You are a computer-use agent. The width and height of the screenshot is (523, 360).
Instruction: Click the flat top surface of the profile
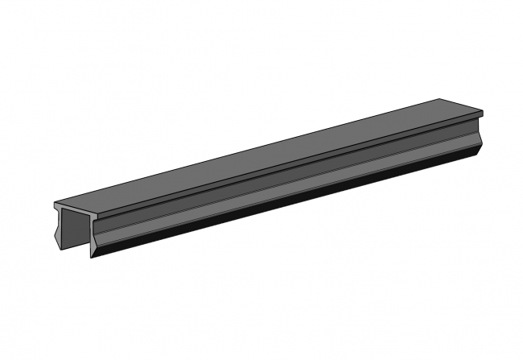(x=266, y=153)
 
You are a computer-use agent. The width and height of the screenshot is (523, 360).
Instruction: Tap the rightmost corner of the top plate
(x=484, y=112)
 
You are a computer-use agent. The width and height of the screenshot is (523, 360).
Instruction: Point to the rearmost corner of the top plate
(x=442, y=98)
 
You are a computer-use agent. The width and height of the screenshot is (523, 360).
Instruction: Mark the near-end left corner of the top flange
(x=54, y=204)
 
